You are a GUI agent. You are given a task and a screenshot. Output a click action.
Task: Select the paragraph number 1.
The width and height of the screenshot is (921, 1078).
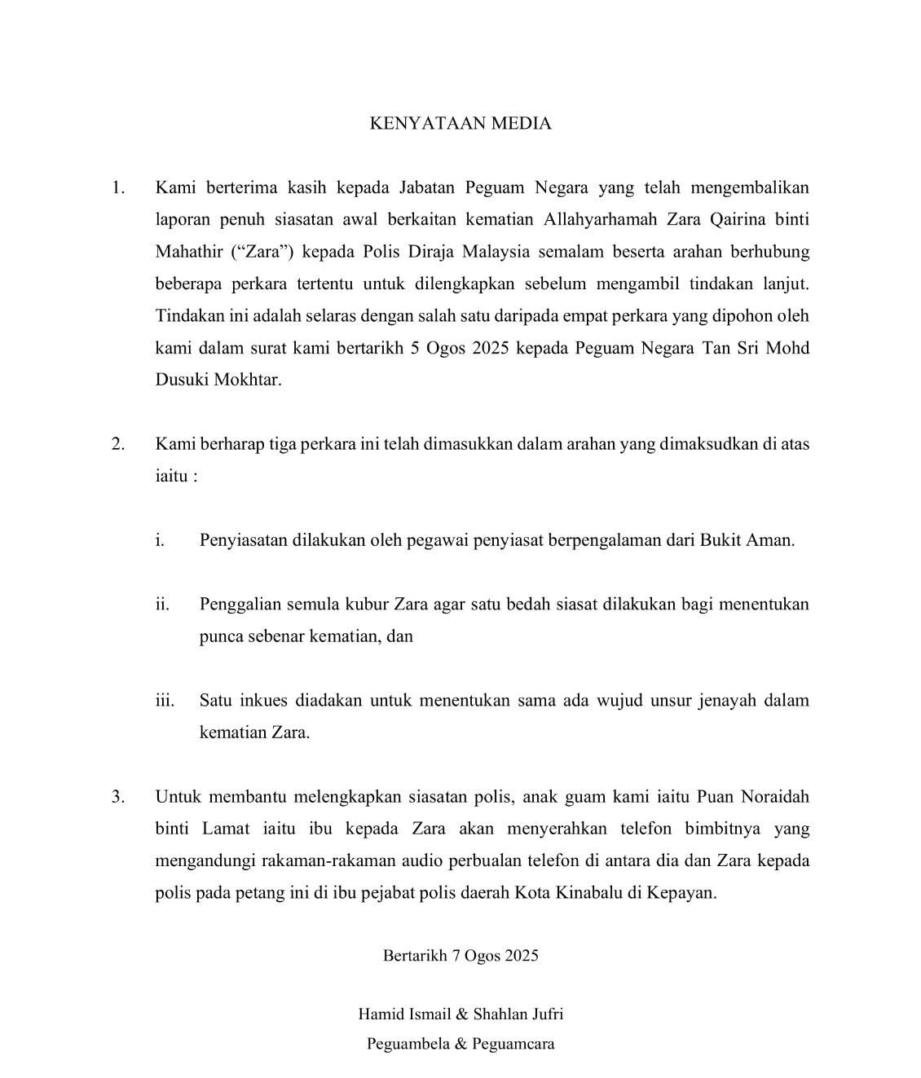(119, 188)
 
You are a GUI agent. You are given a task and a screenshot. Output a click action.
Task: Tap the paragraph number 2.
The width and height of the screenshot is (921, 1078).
(119, 444)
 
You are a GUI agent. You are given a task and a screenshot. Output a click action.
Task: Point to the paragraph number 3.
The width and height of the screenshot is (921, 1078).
(119, 796)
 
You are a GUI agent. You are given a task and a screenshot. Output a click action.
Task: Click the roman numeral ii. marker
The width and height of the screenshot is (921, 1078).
(162, 605)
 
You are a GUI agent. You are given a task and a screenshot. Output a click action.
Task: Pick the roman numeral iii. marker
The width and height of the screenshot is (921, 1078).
(165, 701)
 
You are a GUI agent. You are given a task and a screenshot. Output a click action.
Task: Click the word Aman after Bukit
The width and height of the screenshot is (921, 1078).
(769, 540)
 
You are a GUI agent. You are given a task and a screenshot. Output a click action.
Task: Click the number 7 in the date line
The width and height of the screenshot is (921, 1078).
(456, 956)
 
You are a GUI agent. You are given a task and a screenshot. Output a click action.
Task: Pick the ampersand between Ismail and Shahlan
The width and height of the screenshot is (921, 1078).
(460, 1014)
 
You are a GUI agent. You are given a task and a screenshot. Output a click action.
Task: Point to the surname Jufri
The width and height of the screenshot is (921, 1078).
(544, 1014)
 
